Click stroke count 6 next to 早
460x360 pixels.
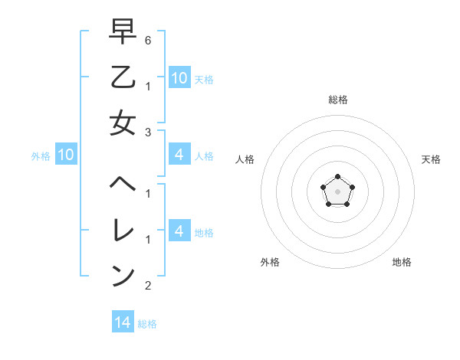(148, 40)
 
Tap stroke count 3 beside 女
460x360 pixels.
(148, 132)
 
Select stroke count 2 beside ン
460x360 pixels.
(148, 286)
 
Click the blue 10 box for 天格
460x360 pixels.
(179, 77)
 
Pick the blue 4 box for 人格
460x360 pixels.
(179, 155)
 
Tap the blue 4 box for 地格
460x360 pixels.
(179, 231)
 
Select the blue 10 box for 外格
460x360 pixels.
(65, 155)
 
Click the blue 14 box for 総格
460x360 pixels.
(122, 322)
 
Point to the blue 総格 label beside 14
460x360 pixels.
(147, 324)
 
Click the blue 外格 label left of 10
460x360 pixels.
(41, 156)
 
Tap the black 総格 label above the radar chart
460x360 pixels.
(337, 100)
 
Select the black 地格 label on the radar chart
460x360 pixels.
(402, 262)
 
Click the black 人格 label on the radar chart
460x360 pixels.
(245, 159)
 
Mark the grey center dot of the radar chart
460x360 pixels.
(337, 191)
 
